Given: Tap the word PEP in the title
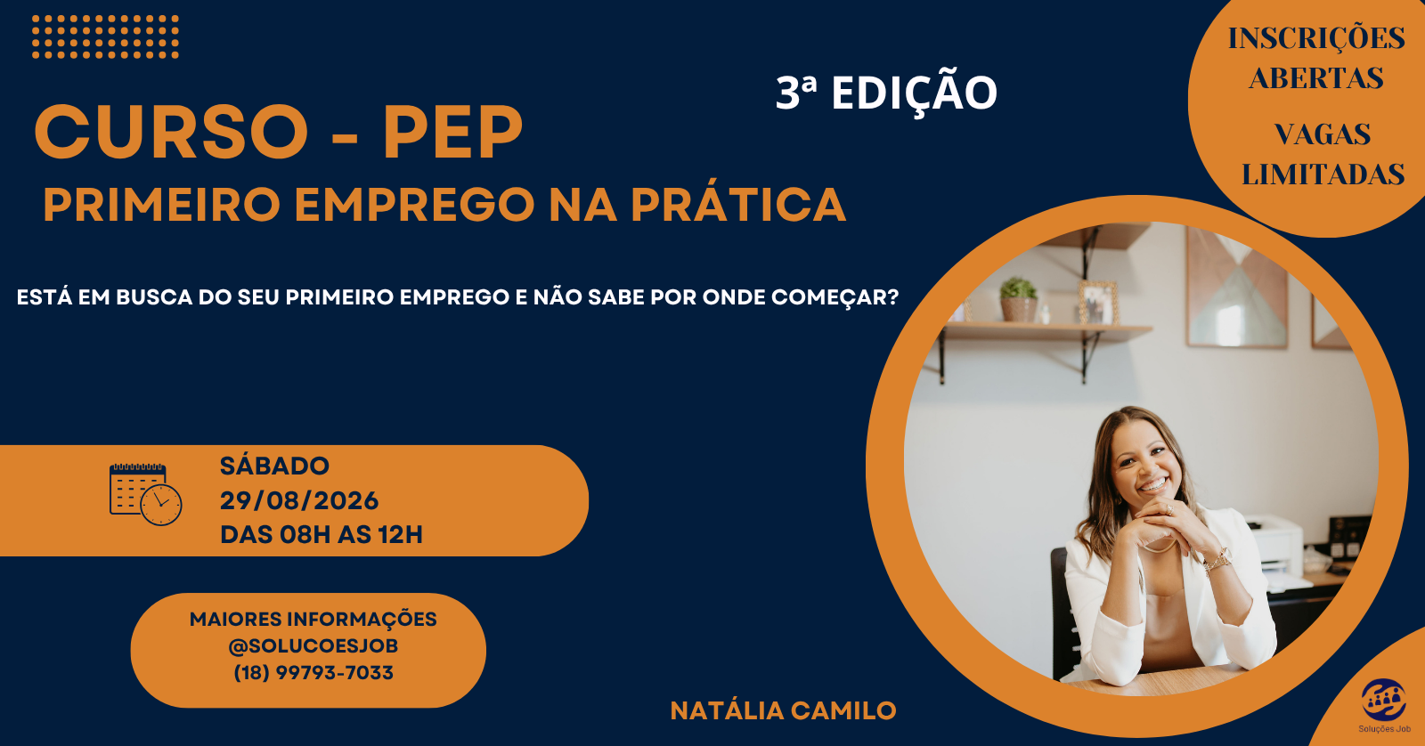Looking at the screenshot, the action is [452, 133].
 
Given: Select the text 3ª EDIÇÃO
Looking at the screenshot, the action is [886, 92].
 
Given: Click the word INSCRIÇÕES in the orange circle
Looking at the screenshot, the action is [1316, 38].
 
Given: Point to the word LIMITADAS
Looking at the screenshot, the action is [1323, 174].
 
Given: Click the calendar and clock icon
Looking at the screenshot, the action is [146, 494].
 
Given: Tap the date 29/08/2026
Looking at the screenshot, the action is [299, 500].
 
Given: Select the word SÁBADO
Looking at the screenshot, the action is [274, 466].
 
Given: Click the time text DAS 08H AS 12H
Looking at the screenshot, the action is [322, 535].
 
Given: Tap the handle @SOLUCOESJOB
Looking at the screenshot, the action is [313, 645].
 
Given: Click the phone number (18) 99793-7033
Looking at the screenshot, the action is [313, 672].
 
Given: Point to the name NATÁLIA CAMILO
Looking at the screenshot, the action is [783, 710].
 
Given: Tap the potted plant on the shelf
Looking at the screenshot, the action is [1019, 299].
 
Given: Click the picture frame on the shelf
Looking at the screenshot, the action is [1098, 304].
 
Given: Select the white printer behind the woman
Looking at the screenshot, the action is [1275, 548].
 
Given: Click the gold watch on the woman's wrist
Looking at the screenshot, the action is [1217, 560].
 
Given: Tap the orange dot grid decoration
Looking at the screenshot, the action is [106, 36].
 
